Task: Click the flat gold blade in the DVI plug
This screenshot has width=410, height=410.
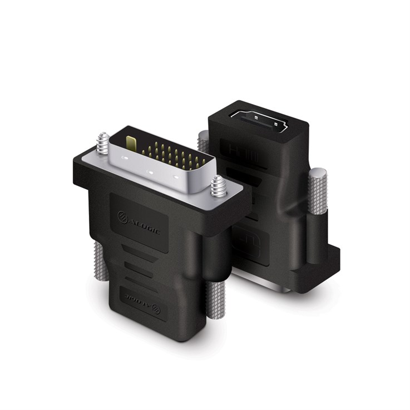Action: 131,144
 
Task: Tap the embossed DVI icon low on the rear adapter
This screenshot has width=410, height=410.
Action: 251,245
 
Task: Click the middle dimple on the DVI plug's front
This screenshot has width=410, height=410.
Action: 150,171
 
